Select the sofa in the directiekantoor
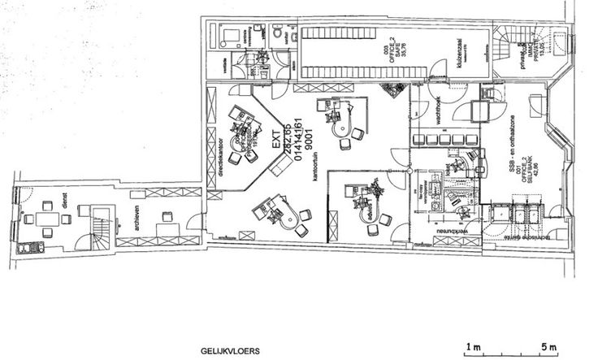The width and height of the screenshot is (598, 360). point(277,167)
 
